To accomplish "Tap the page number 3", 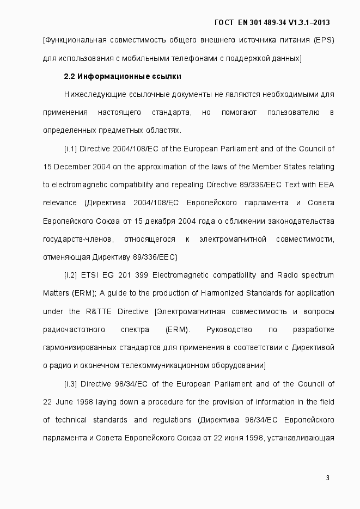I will click(x=327, y=478).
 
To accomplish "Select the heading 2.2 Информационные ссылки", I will click(x=122, y=76).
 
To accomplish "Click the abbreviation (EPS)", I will click(x=324, y=40).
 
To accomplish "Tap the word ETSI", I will click(x=94, y=275).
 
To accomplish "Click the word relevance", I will click(x=59, y=203).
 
